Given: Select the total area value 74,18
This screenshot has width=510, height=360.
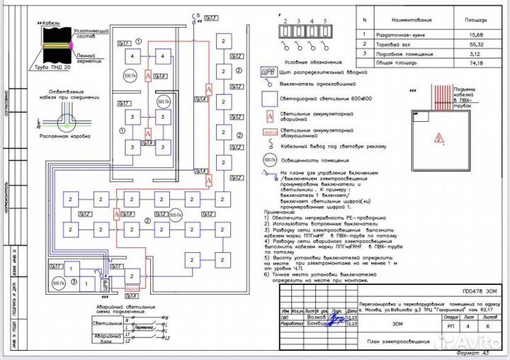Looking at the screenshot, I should point(467,62).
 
